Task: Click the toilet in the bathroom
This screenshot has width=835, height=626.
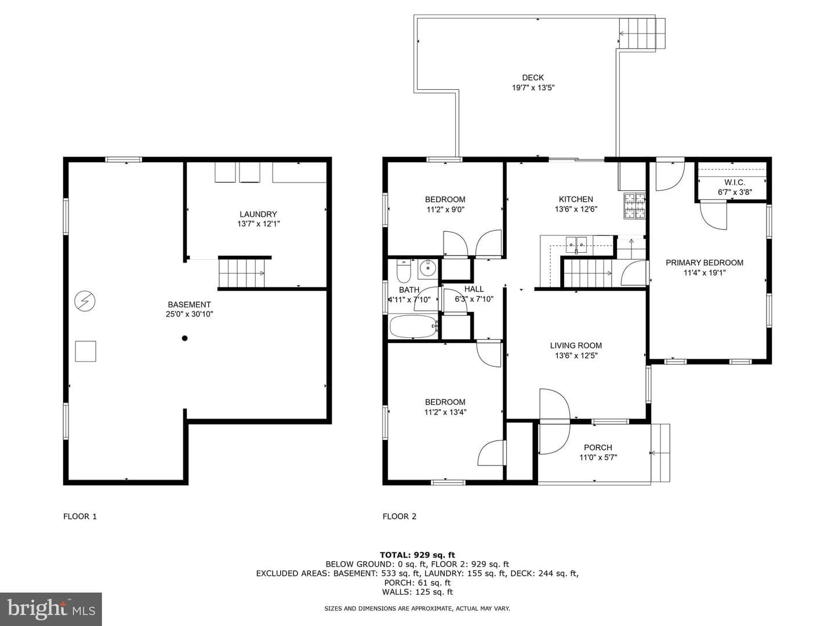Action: (x=403, y=270)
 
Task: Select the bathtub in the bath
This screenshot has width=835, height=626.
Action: (x=414, y=326)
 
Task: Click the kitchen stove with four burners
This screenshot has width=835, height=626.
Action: (x=634, y=206)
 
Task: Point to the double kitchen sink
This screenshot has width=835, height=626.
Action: (x=576, y=245)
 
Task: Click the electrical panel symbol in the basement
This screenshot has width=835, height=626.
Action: (x=85, y=301)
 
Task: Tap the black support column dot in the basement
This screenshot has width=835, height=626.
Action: (x=184, y=338)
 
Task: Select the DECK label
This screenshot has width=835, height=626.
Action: (x=533, y=78)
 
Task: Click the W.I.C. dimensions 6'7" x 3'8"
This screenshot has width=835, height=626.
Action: (x=735, y=192)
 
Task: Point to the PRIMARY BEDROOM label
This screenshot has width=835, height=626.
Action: (x=704, y=263)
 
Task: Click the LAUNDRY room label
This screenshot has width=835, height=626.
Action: (x=258, y=214)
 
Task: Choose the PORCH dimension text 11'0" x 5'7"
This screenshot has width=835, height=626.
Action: (x=598, y=458)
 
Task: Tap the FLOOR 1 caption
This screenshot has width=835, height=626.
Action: (x=80, y=516)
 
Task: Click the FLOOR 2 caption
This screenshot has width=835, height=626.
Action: (x=400, y=516)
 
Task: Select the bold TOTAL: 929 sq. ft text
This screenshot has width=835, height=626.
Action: (x=418, y=555)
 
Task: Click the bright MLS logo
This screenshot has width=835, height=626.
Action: (x=51, y=609)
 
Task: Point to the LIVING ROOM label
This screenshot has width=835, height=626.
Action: (x=576, y=345)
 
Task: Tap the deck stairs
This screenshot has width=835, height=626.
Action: (x=642, y=34)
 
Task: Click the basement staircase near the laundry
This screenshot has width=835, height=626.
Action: (x=242, y=273)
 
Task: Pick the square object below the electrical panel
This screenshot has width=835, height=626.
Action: (x=86, y=351)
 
